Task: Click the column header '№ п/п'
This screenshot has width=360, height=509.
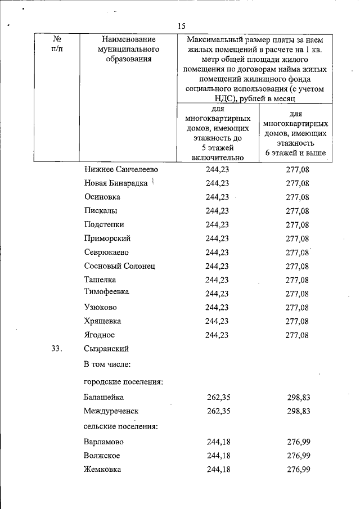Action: tap(57, 44)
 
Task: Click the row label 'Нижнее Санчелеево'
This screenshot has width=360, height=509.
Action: tap(121, 169)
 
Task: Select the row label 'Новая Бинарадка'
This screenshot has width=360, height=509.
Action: tap(116, 183)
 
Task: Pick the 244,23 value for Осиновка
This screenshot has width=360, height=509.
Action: tap(217, 197)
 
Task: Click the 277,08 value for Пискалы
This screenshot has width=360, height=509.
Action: tap(297, 211)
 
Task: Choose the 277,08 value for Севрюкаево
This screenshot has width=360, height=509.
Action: tap(297, 253)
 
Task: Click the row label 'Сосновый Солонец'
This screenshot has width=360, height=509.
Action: tap(119, 266)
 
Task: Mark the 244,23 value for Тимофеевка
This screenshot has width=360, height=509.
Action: tap(217, 294)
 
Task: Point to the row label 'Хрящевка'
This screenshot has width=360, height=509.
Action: tap(102, 321)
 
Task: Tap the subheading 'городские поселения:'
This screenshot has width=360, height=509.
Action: tap(123, 382)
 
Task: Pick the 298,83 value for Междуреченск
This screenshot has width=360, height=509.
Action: tap(299, 412)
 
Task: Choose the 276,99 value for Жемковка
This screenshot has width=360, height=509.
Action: tap(299, 469)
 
